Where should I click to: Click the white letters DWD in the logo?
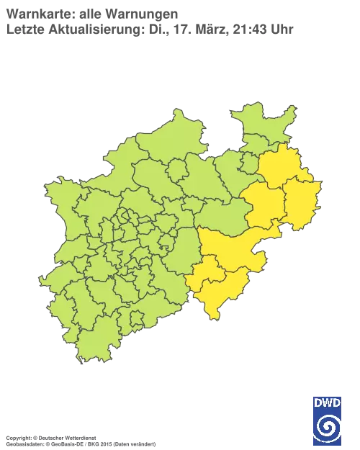(x=328, y=403)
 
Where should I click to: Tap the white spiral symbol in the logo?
(x=328, y=426)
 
